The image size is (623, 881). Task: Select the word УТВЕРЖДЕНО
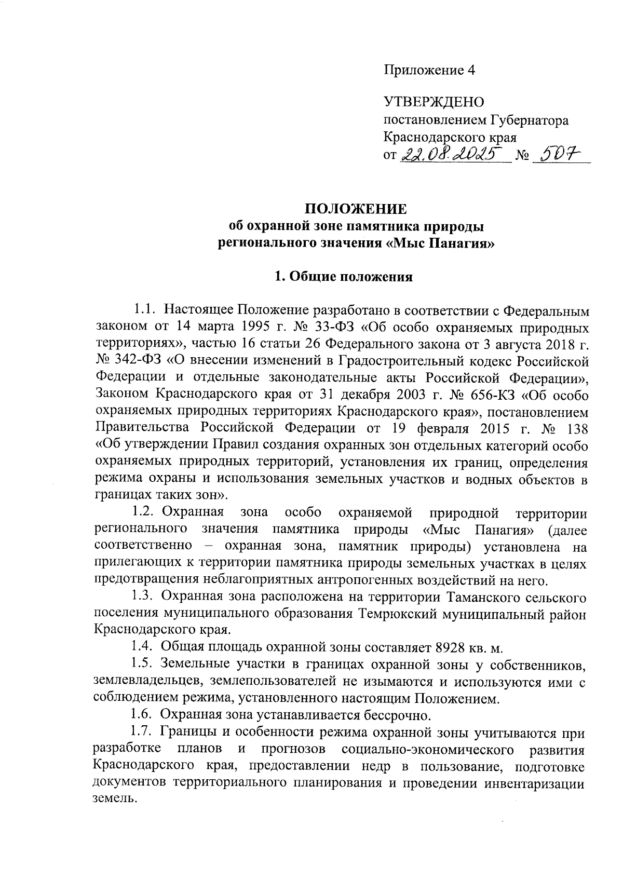click(434, 102)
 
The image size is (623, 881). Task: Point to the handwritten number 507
click(560, 154)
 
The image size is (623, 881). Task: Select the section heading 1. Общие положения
click(344, 276)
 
